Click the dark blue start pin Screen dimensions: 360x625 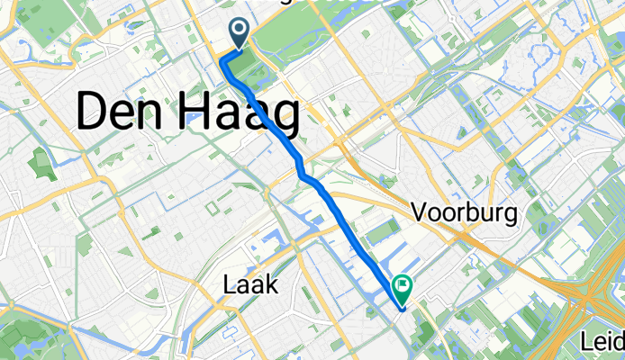click(x=240, y=34)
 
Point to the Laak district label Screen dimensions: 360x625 click(x=250, y=286)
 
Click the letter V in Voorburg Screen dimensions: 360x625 click(x=421, y=213)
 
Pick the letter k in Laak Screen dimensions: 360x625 click(x=273, y=286)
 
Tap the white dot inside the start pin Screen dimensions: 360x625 click(x=240, y=31)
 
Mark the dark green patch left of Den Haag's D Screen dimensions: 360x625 click(x=41, y=165)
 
